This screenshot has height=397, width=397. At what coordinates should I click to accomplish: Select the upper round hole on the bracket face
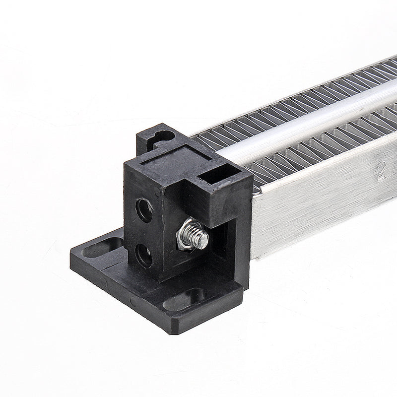point(144,210)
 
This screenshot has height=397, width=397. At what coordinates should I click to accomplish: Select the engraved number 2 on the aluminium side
point(381,170)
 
